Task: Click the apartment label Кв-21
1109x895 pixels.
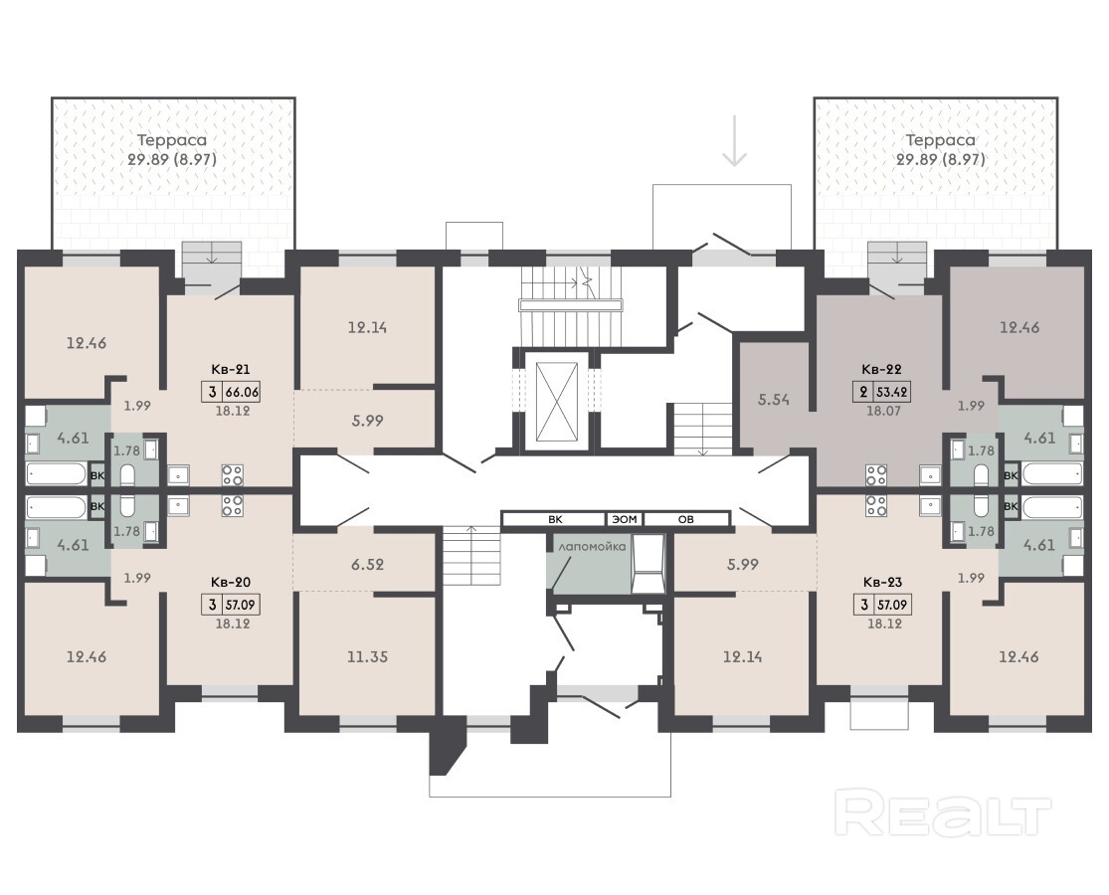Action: (231, 369)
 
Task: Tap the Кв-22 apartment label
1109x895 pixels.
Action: (881, 369)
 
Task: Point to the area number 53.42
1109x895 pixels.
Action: (892, 392)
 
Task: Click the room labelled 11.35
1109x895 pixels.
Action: (367, 656)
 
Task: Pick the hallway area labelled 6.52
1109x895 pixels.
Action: (367, 564)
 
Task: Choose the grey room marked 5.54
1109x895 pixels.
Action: (774, 400)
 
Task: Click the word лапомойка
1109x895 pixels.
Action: (592, 547)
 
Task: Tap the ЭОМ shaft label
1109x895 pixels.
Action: (625, 520)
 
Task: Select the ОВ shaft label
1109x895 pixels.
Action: (686, 520)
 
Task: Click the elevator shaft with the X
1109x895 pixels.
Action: (557, 400)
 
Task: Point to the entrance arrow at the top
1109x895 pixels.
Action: (735, 141)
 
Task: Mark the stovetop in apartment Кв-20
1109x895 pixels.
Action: (232, 505)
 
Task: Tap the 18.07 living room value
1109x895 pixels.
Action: (883, 410)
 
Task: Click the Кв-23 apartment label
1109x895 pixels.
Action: (882, 583)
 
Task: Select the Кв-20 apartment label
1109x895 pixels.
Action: (231, 583)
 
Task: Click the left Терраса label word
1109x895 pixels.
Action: (172, 140)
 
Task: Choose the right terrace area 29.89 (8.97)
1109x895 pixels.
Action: (941, 159)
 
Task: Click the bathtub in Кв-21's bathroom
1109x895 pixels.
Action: (57, 473)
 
